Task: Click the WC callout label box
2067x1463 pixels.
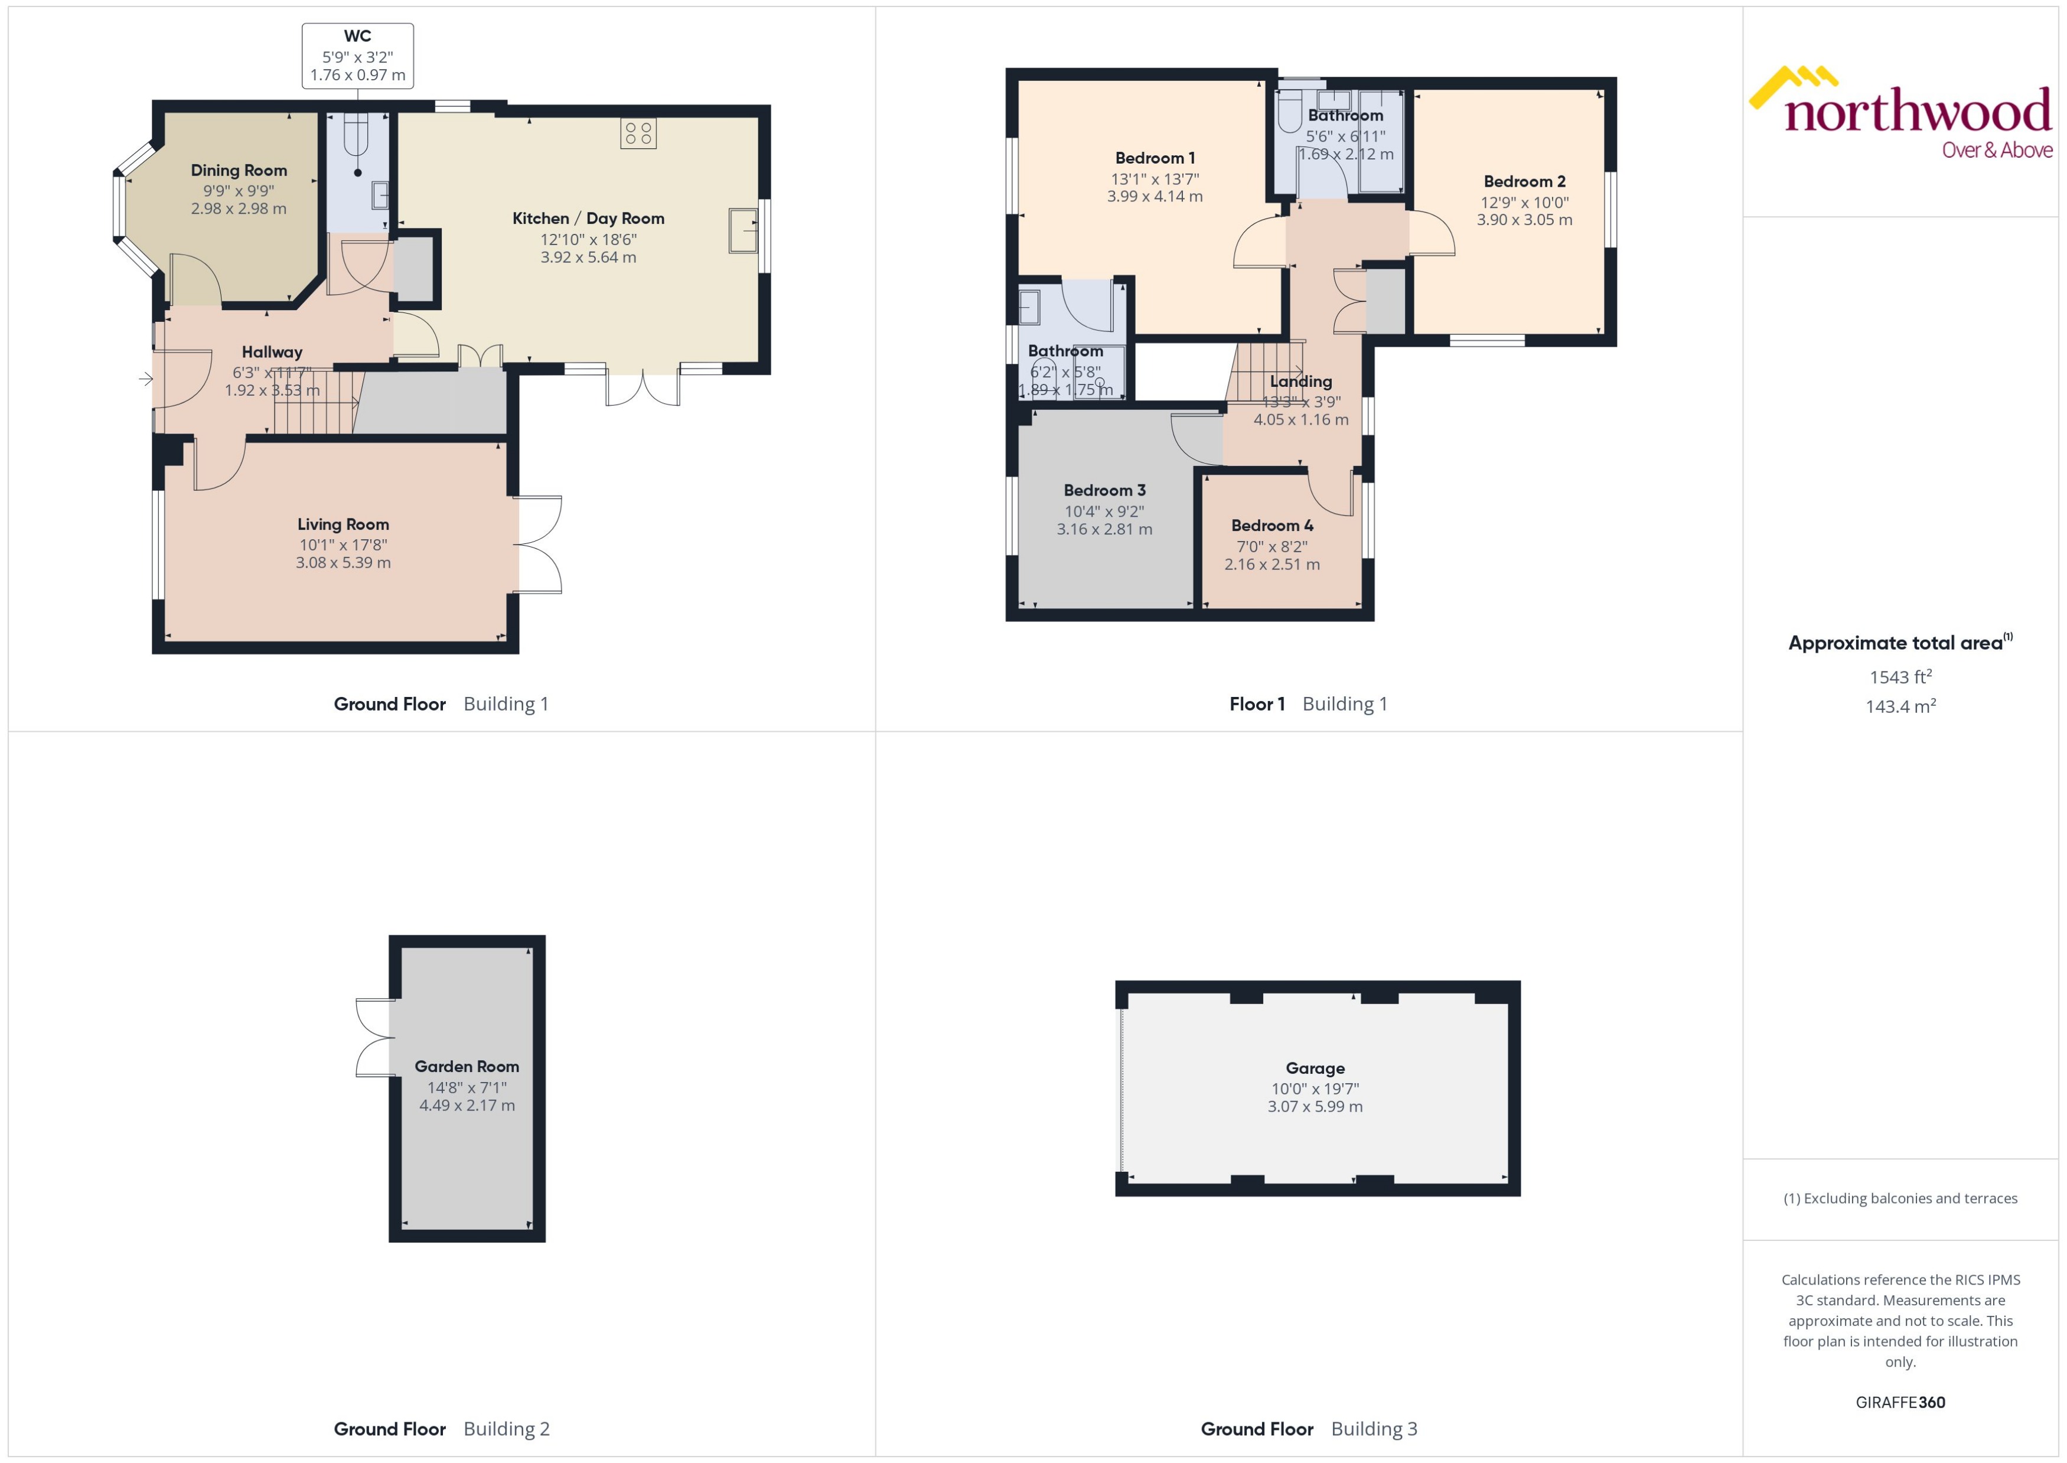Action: coord(357,56)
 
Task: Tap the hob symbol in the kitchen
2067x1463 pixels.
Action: coord(638,133)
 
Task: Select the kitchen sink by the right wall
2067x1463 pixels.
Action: coord(743,230)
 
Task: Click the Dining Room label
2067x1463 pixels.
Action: coord(239,170)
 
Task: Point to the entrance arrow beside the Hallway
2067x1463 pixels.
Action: coord(146,379)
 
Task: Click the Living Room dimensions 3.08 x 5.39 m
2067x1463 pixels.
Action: coord(343,563)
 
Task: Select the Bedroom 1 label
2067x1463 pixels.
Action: coord(1155,158)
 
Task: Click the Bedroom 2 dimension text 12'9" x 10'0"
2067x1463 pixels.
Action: coord(1524,203)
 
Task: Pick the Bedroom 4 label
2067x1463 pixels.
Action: coord(1272,525)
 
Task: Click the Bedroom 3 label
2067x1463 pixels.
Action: coord(1104,490)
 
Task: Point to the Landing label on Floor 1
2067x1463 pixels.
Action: coord(1300,381)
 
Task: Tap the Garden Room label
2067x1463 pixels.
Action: coord(467,1066)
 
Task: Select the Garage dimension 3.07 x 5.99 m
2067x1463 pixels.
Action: coord(1315,1106)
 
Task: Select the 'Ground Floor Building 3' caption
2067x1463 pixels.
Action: coord(1309,1429)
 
